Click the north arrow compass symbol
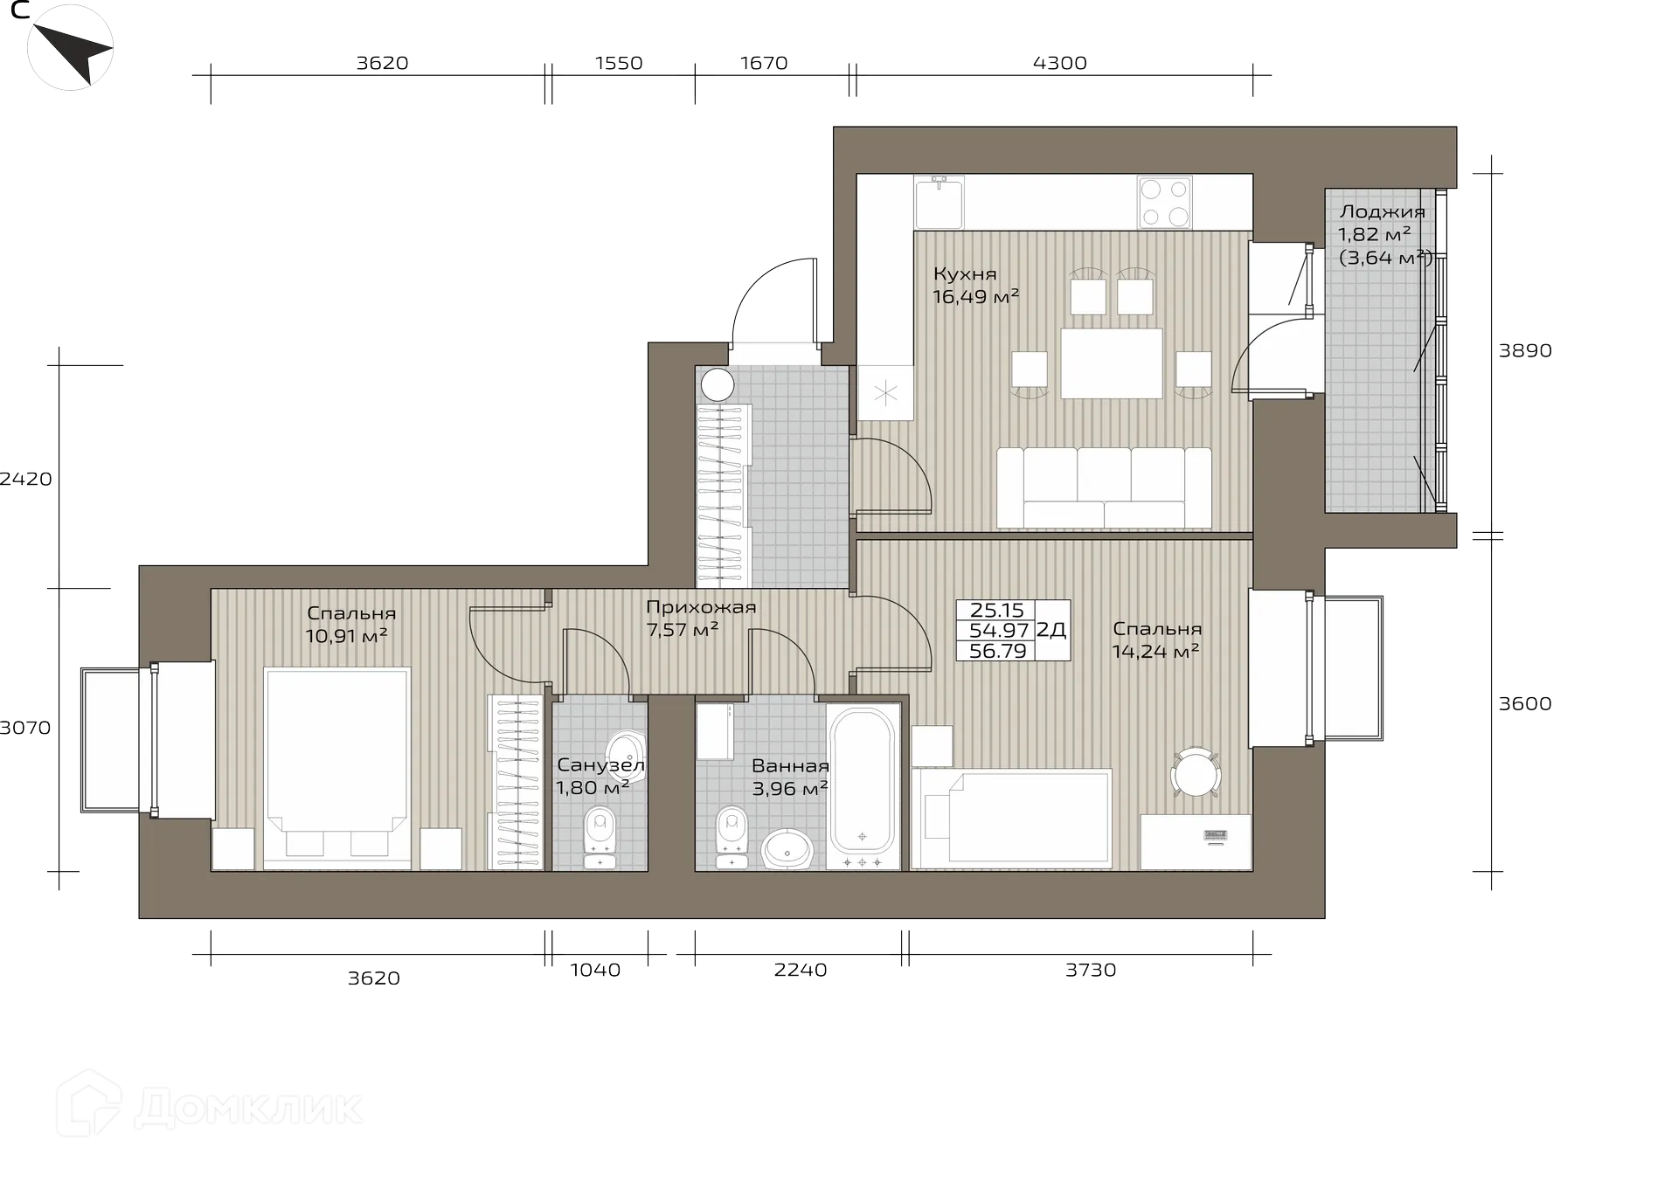coord(71,47)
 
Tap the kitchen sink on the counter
coord(939,202)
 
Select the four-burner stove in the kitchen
coord(1165,203)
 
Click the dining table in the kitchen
coord(1112,363)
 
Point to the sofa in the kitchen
coord(1104,488)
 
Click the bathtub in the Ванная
coord(863,781)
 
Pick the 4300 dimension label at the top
coord(1059,63)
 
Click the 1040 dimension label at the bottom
coord(595,970)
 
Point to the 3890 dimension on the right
coord(1525,350)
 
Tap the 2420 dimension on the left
coord(26,479)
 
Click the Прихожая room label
coord(701,607)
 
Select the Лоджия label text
coord(1383,211)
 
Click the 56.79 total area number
coord(997,651)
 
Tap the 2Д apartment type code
coord(1051,630)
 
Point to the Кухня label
coord(965,273)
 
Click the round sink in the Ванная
coord(787,848)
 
